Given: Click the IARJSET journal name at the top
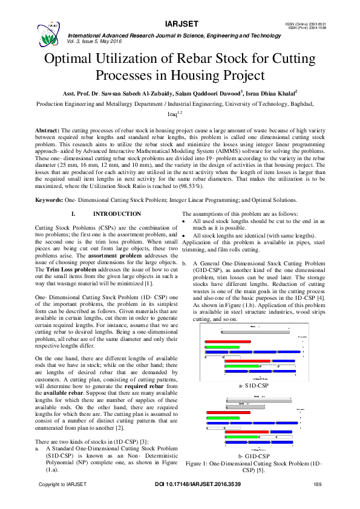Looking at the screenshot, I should [x=179, y=24].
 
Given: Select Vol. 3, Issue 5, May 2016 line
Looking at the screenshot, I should [x=100, y=41].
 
